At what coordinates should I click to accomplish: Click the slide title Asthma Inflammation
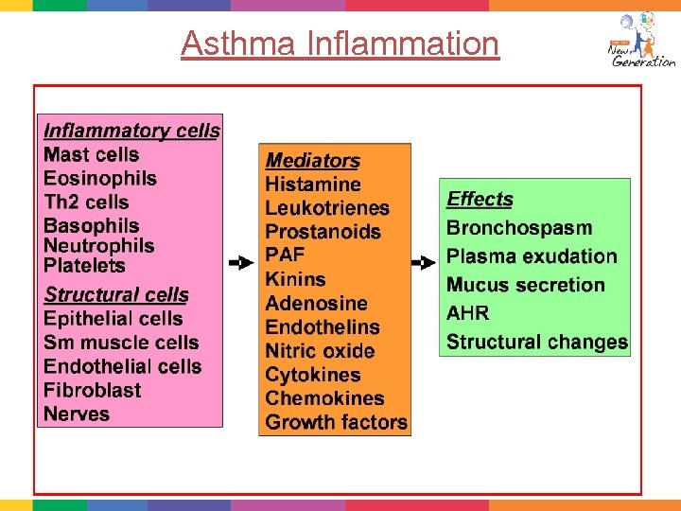[340, 44]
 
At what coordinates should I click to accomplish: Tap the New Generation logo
[640, 42]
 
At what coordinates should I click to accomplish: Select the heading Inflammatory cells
[131, 131]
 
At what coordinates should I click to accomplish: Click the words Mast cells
[91, 154]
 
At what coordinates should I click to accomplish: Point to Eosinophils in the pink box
[100, 178]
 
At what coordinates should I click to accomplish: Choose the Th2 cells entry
[86, 202]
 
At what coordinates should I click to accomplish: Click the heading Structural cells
[116, 294]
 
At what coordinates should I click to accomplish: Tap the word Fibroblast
[92, 390]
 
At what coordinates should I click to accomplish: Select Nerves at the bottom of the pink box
[77, 414]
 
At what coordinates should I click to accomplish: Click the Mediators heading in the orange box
[312, 161]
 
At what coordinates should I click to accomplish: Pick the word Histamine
[313, 185]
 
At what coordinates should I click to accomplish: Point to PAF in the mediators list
[285, 255]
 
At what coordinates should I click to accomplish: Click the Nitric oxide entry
[320, 351]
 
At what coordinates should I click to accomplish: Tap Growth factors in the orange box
[336, 422]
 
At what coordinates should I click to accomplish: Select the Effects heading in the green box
[480, 199]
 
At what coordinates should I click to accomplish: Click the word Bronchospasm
[519, 228]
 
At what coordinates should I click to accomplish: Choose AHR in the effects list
[467, 313]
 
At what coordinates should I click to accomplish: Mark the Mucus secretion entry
[525, 285]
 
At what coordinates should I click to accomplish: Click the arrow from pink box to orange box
[241, 262]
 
